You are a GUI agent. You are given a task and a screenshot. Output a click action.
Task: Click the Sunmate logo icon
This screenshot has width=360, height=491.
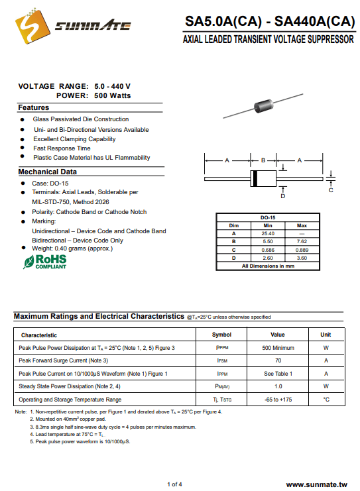(x=32, y=27)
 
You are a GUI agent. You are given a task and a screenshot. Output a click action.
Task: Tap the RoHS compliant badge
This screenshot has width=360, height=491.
(x=45, y=262)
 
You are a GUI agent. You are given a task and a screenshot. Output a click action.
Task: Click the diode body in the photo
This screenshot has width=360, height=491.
(x=263, y=105)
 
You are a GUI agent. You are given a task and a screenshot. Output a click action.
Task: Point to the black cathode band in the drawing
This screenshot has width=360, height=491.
(x=255, y=178)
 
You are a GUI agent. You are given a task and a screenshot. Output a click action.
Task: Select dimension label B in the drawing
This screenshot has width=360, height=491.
(x=263, y=160)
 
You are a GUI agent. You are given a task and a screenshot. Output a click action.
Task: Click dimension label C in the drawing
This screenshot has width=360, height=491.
(x=331, y=190)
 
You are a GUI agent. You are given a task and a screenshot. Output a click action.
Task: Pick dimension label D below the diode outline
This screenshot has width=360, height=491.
(x=283, y=196)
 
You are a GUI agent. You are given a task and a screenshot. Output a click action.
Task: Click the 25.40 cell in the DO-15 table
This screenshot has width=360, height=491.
(x=268, y=234)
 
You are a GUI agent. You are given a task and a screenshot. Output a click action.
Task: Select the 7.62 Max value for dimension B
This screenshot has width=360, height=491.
(x=302, y=241)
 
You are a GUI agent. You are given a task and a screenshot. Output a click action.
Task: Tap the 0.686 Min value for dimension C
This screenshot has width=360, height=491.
(x=268, y=250)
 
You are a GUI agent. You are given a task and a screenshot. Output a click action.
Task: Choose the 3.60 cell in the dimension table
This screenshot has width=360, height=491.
(x=302, y=258)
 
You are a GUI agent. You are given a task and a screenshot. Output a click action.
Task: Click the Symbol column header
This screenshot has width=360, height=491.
(x=221, y=335)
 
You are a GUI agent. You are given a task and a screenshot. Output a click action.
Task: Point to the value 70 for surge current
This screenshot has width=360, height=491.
(x=278, y=360)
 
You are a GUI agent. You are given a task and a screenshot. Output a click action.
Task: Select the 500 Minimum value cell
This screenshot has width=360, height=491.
(x=278, y=348)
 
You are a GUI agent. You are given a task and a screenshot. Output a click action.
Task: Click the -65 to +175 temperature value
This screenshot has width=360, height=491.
(x=278, y=400)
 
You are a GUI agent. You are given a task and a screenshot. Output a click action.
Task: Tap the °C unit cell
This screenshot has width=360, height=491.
(x=326, y=400)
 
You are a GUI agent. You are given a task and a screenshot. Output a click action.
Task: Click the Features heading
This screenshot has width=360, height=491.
(x=34, y=107)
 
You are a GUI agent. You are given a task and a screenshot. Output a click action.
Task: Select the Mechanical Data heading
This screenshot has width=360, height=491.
(x=47, y=172)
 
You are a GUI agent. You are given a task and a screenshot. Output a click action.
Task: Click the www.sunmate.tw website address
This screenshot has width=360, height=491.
(x=317, y=485)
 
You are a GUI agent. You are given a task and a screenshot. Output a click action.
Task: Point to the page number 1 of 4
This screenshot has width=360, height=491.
(x=174, y=484)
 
